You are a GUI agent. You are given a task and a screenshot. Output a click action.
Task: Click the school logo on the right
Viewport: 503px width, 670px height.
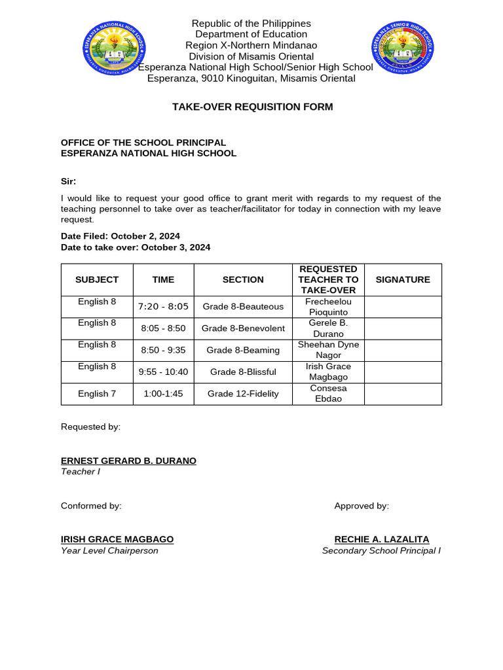pos(402,48)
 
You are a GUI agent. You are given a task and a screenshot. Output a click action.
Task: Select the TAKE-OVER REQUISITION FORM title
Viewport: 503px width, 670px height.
pos(252,107)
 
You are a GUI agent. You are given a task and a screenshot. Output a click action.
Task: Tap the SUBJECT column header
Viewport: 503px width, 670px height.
pos(97,279)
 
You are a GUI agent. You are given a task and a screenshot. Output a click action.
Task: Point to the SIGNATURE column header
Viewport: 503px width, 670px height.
pos(403,279)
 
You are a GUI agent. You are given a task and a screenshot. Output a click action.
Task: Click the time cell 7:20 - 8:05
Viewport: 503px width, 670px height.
pos(163,306)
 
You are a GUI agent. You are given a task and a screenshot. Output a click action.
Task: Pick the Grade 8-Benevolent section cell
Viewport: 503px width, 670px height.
pos(243,328)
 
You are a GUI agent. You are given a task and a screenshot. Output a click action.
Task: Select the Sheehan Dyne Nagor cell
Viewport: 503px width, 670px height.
pos(328,350)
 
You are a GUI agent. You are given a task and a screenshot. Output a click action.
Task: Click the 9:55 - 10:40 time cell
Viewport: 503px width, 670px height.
pos(163,372)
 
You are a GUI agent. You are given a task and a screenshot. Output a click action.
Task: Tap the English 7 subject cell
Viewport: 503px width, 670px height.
pos(97,394)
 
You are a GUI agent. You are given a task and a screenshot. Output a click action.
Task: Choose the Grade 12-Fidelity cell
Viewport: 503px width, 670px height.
pos(243,394)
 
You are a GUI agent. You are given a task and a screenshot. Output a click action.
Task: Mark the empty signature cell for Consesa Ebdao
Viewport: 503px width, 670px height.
pos(403,394)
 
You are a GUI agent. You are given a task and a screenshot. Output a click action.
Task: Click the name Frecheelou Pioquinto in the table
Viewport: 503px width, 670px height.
pos(328,307)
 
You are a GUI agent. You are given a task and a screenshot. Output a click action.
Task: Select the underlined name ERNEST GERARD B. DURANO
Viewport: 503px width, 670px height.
pos(128,461)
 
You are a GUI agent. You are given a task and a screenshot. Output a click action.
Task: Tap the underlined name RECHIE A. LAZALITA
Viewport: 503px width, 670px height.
pos(382,539)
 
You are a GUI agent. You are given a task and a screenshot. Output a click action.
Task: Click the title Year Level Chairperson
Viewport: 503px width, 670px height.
pos(109,551)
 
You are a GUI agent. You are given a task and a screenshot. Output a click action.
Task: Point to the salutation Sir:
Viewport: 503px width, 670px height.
pos(69,181)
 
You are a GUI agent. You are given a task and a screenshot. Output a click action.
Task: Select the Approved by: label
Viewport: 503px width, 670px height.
pos(362,506)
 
